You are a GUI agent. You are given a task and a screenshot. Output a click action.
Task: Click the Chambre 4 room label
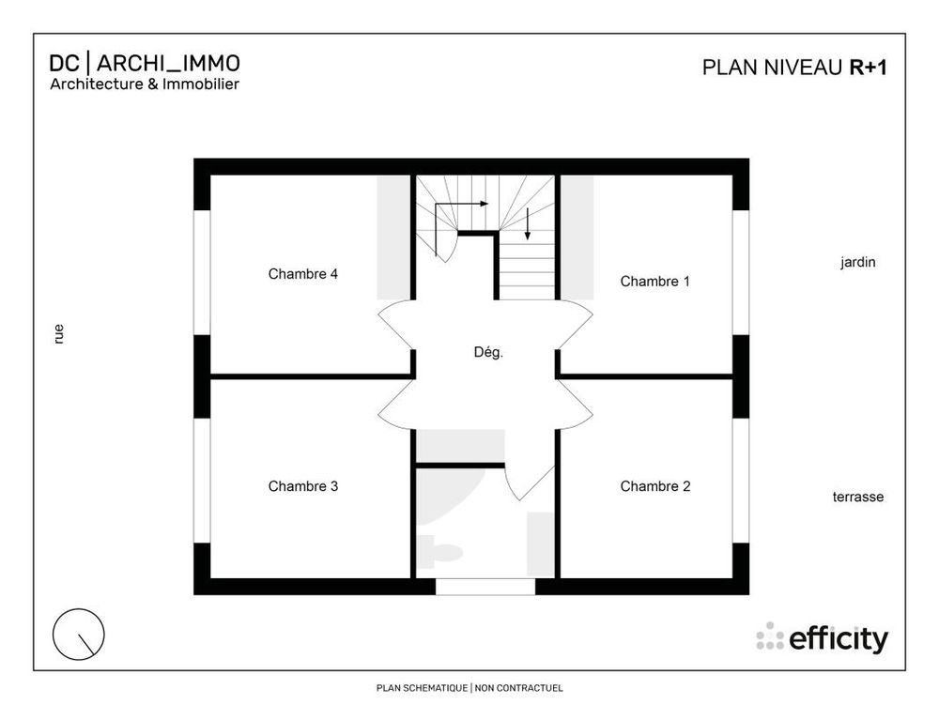[x=302, y=274]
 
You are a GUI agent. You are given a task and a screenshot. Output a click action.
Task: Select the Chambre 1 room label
[x=654, y=281]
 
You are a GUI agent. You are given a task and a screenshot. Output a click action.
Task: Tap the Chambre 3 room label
[x=302, y=486]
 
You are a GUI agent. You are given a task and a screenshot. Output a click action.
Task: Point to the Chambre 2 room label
[x=654, y=486]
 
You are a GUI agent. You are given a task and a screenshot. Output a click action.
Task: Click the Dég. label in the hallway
[x=488, y=353]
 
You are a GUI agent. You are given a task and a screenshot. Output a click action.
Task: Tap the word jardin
[x=857, y=263]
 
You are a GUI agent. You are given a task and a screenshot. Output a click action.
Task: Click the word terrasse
[x=857, y=497]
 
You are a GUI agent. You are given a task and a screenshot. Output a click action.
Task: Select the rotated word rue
[x=59, y=333]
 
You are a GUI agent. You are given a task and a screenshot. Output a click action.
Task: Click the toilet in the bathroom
[x=439, y=552]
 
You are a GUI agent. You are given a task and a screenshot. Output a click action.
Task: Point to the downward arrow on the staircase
[x=528, y=223]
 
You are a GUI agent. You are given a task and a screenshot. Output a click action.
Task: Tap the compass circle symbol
[x=79, y=634]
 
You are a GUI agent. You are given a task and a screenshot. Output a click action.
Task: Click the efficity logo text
[x=838, y=639]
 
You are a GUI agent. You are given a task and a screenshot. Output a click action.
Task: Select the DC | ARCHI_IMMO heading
[x=145, y=63]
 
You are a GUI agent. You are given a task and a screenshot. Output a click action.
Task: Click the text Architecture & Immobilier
[x=145, y=84]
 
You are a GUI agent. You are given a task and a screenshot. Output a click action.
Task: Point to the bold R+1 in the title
[x=870, y=67]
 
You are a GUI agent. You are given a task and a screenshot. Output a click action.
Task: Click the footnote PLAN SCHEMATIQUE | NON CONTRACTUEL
[x=469, y=688]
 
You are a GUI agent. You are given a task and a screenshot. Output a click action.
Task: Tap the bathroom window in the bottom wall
[x=485, y=587]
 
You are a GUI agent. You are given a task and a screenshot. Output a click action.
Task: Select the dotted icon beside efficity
[x=770, y=636]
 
